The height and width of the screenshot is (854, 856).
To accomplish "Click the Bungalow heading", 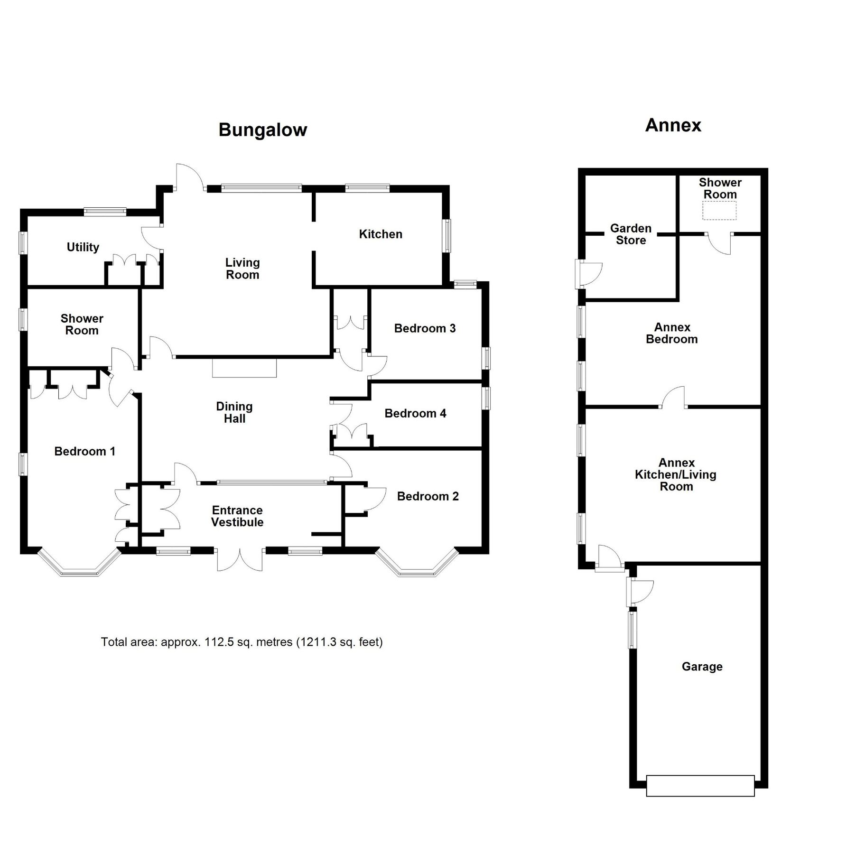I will pos(262,130).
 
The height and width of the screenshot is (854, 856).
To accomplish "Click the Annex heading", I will pos(673,125).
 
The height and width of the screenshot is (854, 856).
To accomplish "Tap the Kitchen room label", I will pos(381,234).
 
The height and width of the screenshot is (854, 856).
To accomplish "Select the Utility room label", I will pos(83,247).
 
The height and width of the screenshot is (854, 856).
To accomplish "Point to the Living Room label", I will pos(242,269).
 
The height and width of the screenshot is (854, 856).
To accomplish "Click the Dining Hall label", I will pos(234,412).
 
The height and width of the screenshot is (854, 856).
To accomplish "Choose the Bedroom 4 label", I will pos(415,413).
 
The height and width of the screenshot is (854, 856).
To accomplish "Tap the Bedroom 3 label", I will pos(425,328).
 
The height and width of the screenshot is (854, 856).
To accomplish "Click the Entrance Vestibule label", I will pos(237,516).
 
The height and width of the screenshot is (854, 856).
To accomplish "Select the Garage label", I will pos(702,667).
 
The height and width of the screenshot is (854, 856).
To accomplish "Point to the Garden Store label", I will pos(631,234).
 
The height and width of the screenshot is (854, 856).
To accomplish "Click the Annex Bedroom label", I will pos(672,333).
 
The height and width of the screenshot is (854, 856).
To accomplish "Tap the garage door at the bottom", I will pos(700,786).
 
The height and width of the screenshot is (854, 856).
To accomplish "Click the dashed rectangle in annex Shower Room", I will pos(719,211).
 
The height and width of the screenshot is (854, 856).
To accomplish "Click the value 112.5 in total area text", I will pos(219,642).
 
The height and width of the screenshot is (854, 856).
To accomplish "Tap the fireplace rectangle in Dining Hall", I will pos(244,368).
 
